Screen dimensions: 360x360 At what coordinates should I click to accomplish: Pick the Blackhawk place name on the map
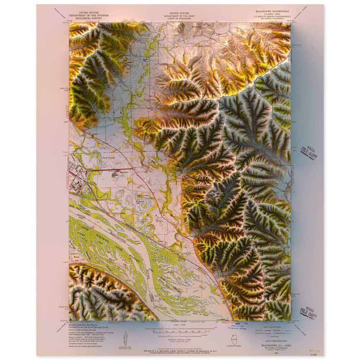pyautogui.click(x=123, y=172)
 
